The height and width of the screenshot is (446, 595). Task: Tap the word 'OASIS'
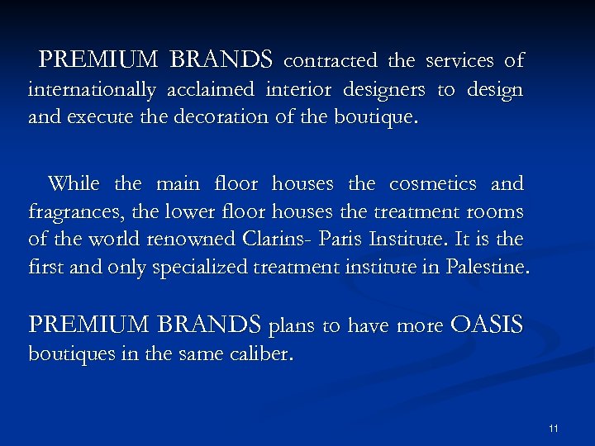coord(487,325)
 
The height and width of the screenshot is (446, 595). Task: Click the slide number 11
coord(554,428)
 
